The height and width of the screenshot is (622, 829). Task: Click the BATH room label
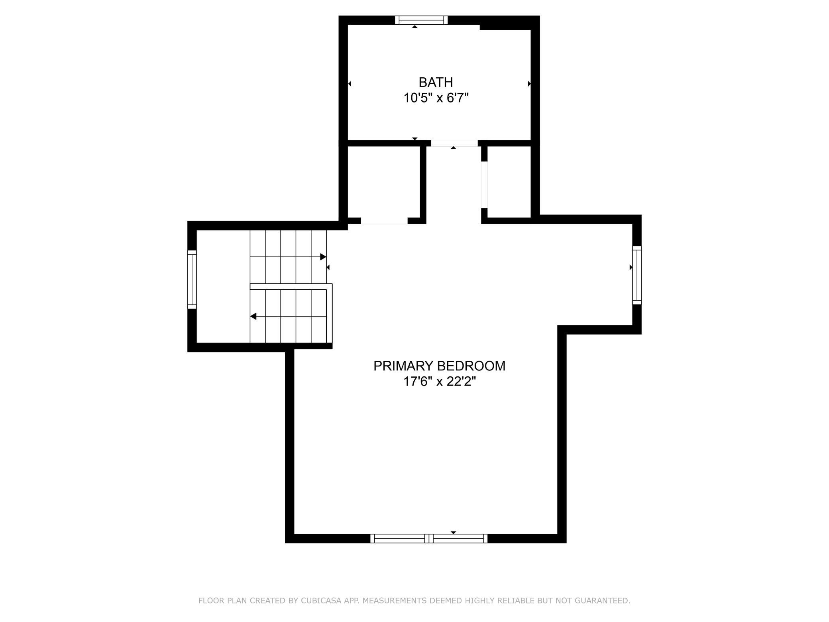(436, 82)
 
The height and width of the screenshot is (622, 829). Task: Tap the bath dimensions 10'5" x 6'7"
(436, 98)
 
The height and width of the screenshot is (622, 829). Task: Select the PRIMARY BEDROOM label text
(439, 366)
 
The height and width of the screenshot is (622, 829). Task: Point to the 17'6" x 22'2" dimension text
(440, 382)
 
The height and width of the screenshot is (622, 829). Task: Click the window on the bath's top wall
(421, 20)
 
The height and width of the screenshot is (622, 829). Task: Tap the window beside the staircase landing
(192, 279)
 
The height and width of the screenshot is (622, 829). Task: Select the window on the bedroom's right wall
(637, 275)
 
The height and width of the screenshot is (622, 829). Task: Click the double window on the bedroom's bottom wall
(429, 538)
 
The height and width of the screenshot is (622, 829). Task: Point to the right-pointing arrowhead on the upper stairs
(323, 257)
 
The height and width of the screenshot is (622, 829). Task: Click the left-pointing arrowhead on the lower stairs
(253, 317)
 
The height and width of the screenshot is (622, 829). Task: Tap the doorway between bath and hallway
(454, 144)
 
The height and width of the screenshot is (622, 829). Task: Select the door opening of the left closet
(384, 221)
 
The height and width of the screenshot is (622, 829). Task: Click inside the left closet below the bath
(384, 182)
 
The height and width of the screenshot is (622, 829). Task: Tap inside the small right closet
(509, 182)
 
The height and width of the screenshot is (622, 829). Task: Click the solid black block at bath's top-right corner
(505, 23)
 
